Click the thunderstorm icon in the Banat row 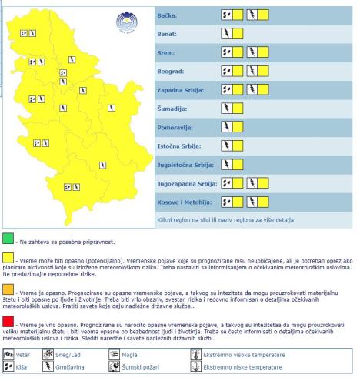(227, 34)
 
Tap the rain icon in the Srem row (227, 53)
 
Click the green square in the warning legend (8, 237)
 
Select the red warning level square (8, 319)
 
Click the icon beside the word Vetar (8, 355)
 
